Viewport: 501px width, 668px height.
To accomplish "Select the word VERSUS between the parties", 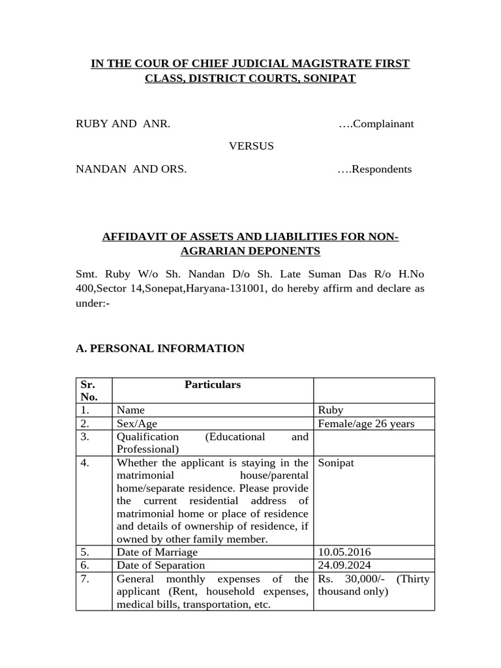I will (251, 146).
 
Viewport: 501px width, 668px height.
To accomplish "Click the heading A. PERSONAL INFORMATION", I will (160, 348).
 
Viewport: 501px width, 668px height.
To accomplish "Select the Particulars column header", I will (213, 385).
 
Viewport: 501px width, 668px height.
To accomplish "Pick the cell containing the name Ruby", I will (330, 410).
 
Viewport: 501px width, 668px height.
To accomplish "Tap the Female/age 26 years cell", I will (366, 423).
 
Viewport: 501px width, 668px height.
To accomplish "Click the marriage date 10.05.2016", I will (344, 552).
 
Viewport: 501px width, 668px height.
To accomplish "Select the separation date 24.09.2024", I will (344, 565).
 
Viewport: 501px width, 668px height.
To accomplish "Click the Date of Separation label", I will (160, 565).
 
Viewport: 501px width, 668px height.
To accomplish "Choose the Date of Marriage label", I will (157, 552).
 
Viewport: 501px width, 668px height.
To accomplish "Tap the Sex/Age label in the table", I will (137, 423).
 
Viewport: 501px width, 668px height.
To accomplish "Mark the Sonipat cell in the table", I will (336, 463).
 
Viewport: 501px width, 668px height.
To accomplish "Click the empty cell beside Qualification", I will (374, 442).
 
